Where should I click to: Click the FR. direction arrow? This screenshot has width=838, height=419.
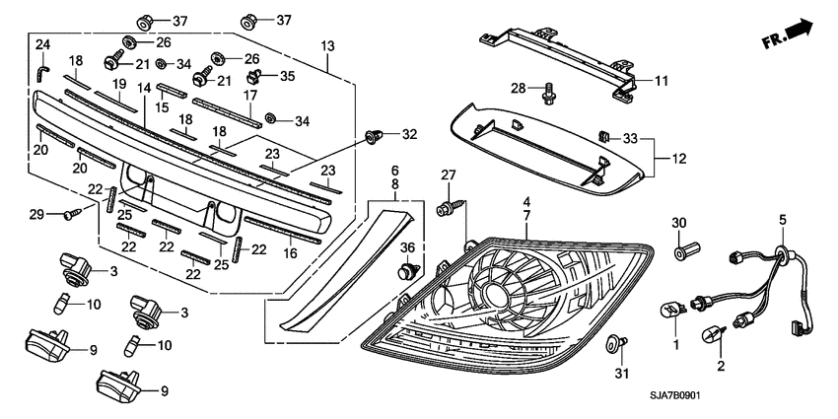(x=788, y=36)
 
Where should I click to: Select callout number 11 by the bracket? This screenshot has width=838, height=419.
(x=662, y=79)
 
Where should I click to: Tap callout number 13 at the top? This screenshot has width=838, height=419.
(x=328, y=46)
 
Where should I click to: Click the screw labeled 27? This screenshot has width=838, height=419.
(x=448, y=205)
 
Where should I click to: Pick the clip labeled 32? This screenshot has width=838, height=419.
(x=374, y=136)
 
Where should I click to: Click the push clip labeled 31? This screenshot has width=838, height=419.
(x=616, y=343)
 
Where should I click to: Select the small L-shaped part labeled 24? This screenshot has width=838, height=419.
(x=42, y=72)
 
